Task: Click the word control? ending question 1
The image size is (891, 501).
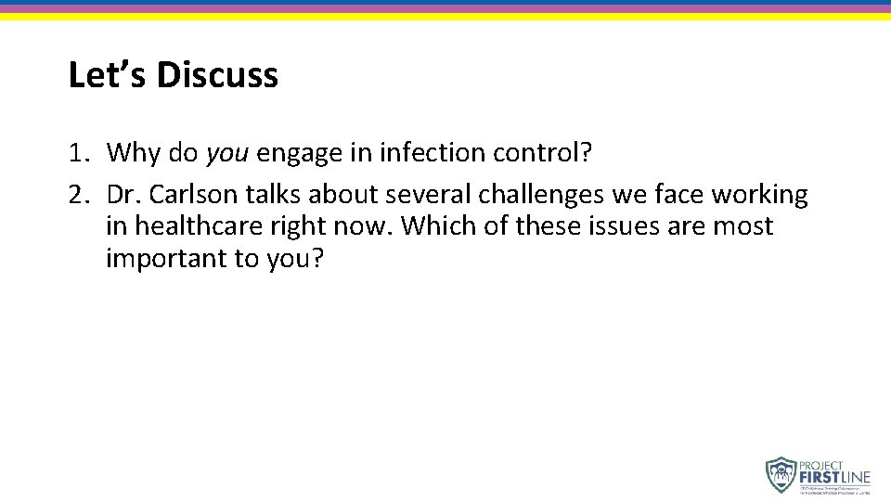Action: (544, 153)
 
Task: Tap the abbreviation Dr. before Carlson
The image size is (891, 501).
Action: (124, 195)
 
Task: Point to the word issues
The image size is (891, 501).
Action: (631, 226)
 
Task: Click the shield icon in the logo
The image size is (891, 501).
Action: (781, 474)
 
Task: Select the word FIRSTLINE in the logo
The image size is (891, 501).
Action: (834, 477)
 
